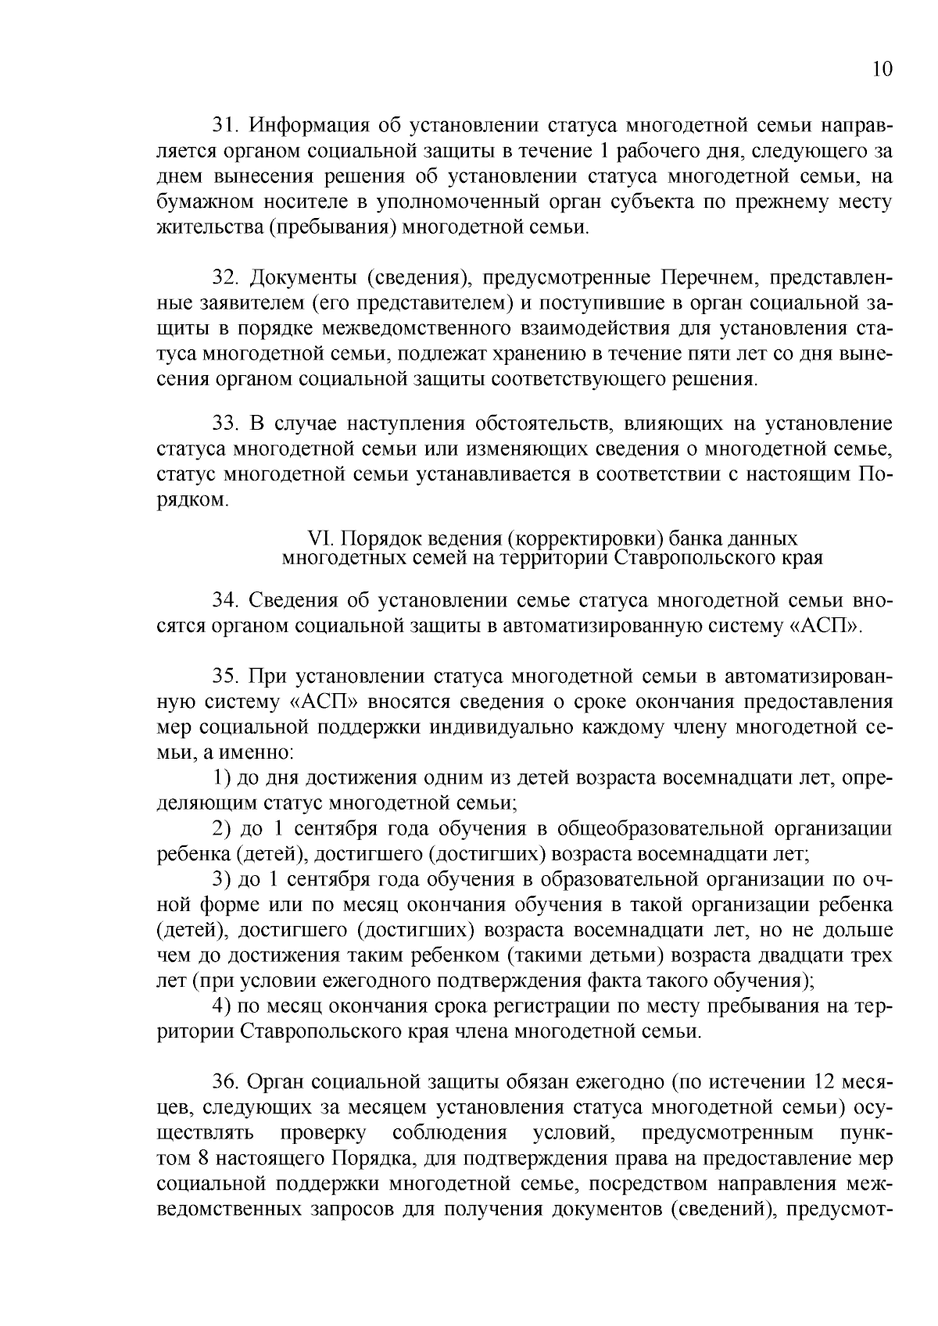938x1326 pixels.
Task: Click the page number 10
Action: [881, 70]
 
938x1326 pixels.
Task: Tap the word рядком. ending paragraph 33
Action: [193, 500]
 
